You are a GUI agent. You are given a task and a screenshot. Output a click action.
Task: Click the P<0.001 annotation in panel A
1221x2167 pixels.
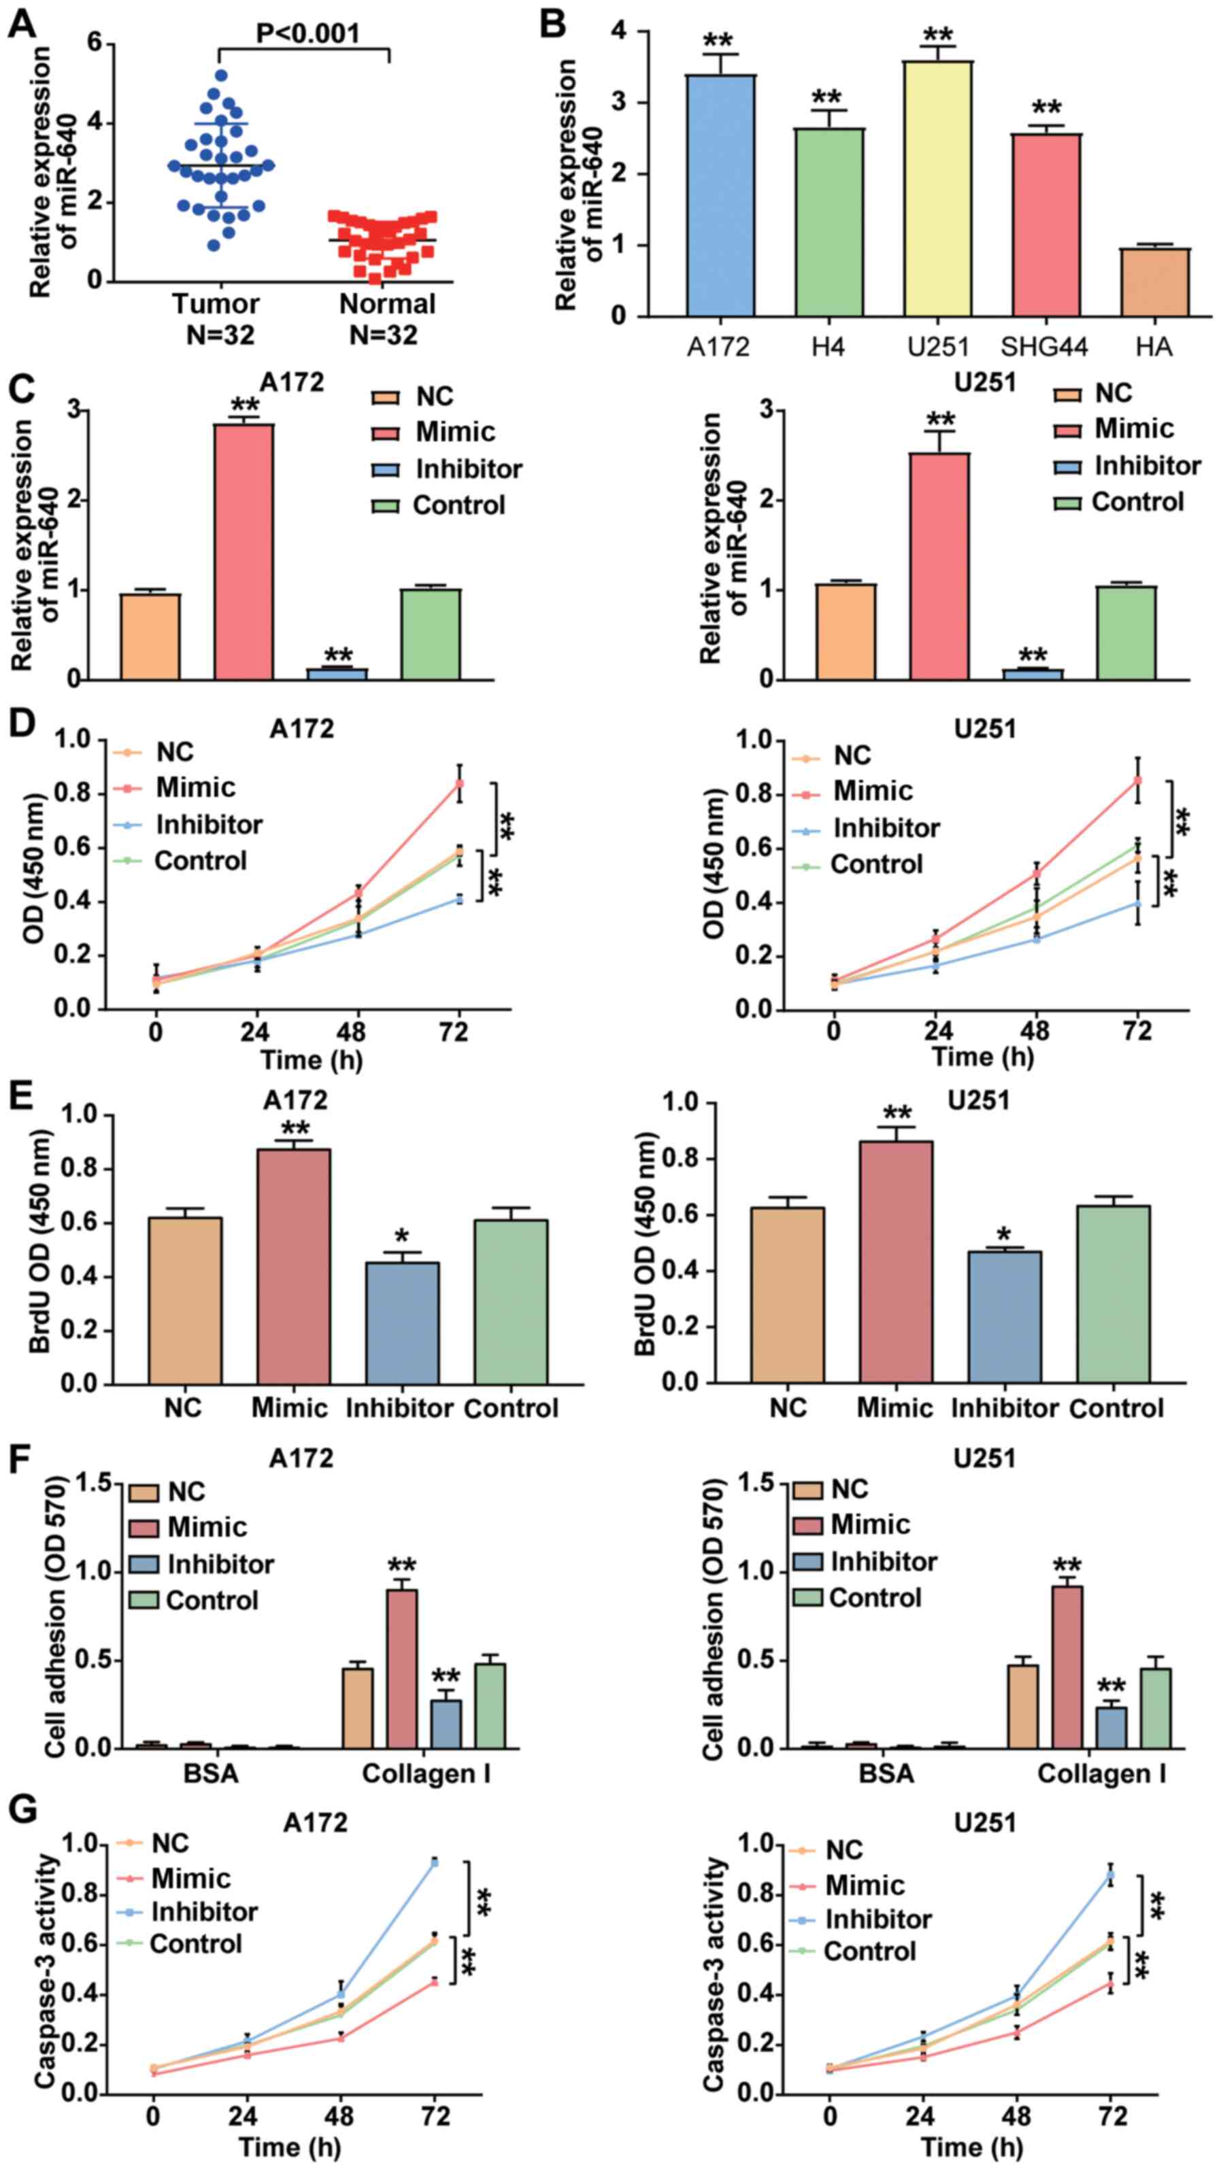click(307, 33)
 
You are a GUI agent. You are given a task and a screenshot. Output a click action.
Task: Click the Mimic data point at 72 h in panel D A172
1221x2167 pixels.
click(459, 783)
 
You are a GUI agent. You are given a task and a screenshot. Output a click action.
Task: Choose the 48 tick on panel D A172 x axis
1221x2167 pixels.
click(359, 1031)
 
